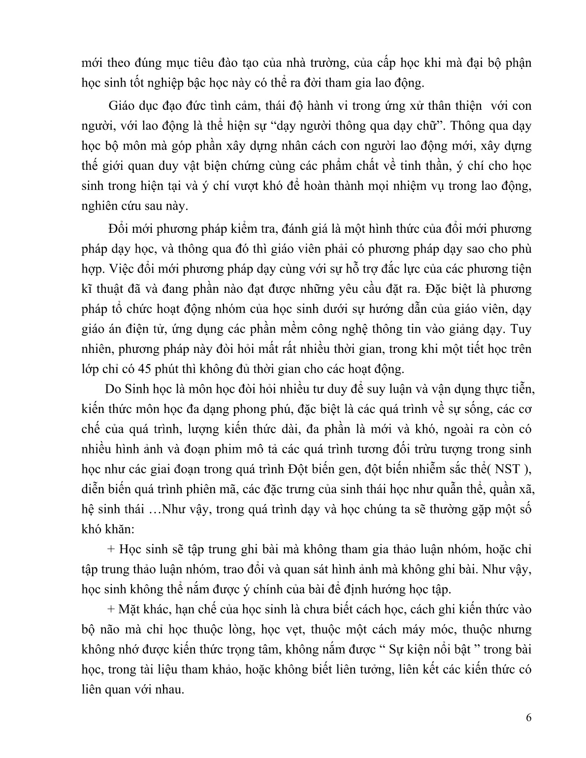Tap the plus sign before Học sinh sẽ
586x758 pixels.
110,549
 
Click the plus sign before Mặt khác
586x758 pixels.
110,609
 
